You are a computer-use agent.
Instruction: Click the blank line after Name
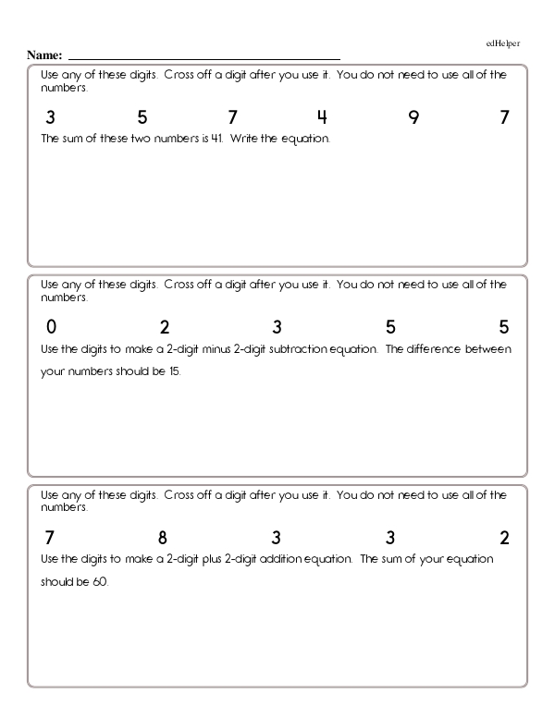[x=203, y=57]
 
